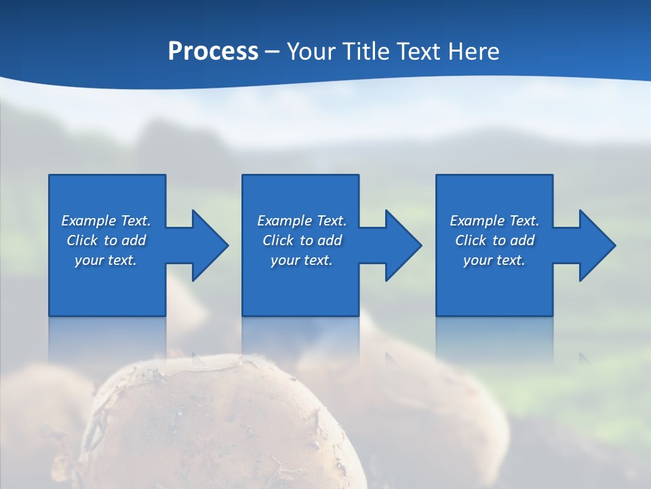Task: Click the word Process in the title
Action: click(213, 52)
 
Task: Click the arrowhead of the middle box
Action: click(403, 245)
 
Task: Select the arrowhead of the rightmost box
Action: click(596, 245)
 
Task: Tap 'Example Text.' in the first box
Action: click(106, 221)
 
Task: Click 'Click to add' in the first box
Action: click(106, 240)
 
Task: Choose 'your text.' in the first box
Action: click(106, 260)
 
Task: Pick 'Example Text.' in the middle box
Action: click(302, 221)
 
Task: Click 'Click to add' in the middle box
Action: click(302, 240)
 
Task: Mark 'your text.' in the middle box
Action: click(302, 260)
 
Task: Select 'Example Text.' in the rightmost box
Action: click(494, 221)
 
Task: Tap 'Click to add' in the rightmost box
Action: click(494, 240)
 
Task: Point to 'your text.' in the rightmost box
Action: click(494, 260)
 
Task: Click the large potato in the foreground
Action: click(224, 428)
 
